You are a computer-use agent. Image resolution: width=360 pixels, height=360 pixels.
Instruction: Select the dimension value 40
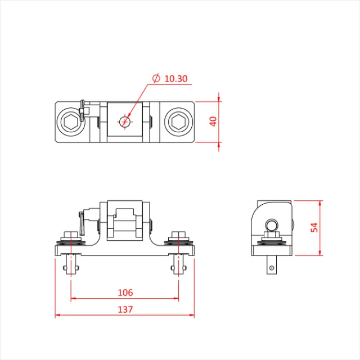point(213,121)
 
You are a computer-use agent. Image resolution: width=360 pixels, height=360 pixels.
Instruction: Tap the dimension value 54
point(314,227)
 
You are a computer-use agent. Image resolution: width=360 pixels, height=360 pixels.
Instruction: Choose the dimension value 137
point(125,309)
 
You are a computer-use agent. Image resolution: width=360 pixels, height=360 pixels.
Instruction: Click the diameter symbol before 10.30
point(157,79)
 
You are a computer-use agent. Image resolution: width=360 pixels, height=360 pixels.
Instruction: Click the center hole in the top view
point(125,121)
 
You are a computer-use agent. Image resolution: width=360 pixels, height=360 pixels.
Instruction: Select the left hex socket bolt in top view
point(70,121)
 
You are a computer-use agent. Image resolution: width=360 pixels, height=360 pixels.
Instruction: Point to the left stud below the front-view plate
point(71,264)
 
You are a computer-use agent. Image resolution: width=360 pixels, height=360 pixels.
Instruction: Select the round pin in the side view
point(272,226)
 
